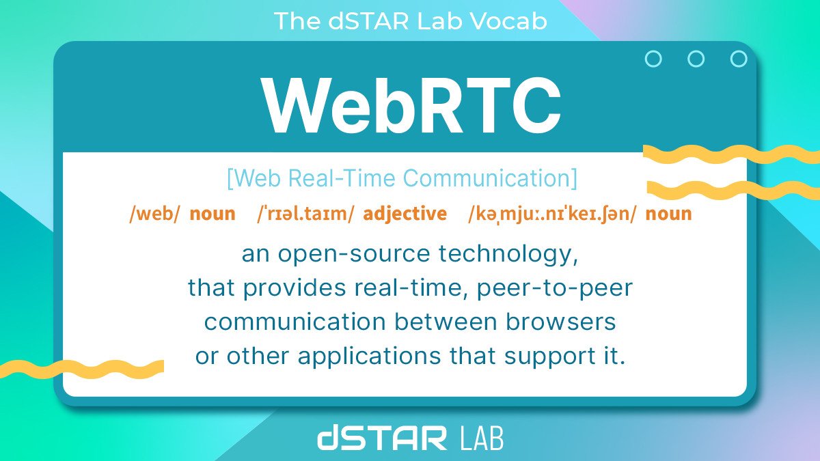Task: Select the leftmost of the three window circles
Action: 653,59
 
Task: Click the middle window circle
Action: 696,59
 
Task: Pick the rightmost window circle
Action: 739,59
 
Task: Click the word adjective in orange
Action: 405,214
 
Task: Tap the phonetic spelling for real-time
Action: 305,214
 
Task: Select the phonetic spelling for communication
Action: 552,214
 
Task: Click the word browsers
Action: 564,321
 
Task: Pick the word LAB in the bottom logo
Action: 479,438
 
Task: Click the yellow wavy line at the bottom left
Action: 82,369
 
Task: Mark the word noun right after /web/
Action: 212,214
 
